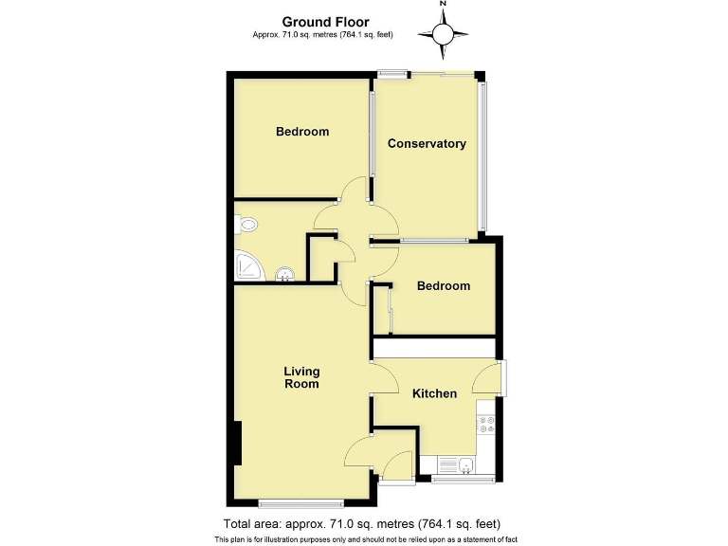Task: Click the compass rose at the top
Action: coord(443,36)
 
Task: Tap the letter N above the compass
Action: coord(443,5)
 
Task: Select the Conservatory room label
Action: coord(427,144)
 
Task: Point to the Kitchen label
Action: coord(434,393)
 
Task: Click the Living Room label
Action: coord(302,377)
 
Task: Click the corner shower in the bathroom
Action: coord(247,268)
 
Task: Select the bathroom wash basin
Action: coord(283,276)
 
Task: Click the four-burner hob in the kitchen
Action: coord(487,422)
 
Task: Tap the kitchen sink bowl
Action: coord(467,465)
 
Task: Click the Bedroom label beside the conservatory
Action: coord(302,132)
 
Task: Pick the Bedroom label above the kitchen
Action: coord(444,286)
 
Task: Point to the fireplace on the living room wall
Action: coord(236,443)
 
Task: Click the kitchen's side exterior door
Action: coord(502,379)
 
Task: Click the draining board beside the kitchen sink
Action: coord(445,465)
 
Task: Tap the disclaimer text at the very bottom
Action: coord(365,539)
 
